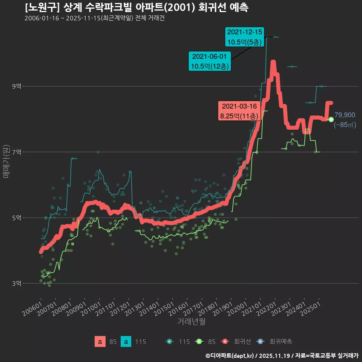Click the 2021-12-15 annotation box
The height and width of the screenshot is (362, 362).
(x=244, y=37)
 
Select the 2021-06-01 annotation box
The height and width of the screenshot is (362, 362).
(x=210, y=61)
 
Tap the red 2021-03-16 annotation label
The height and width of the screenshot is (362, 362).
(x=239, y=111)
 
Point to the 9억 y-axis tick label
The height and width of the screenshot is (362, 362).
(x=17, y=86)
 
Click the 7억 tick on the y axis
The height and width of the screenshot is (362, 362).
(x=17, y=152)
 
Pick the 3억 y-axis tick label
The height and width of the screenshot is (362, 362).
(x=17, y=283)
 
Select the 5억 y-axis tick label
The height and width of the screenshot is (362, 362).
(x=17, y=218)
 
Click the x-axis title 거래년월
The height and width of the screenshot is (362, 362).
(x=191, y=322)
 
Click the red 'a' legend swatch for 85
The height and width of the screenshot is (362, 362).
(x=100, y=342)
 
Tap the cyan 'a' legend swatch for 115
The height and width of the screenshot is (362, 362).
(x=126, y=342)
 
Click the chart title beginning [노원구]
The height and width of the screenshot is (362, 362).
(x=137, y=8)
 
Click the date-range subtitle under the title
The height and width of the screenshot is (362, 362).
(x=94, y=18)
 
